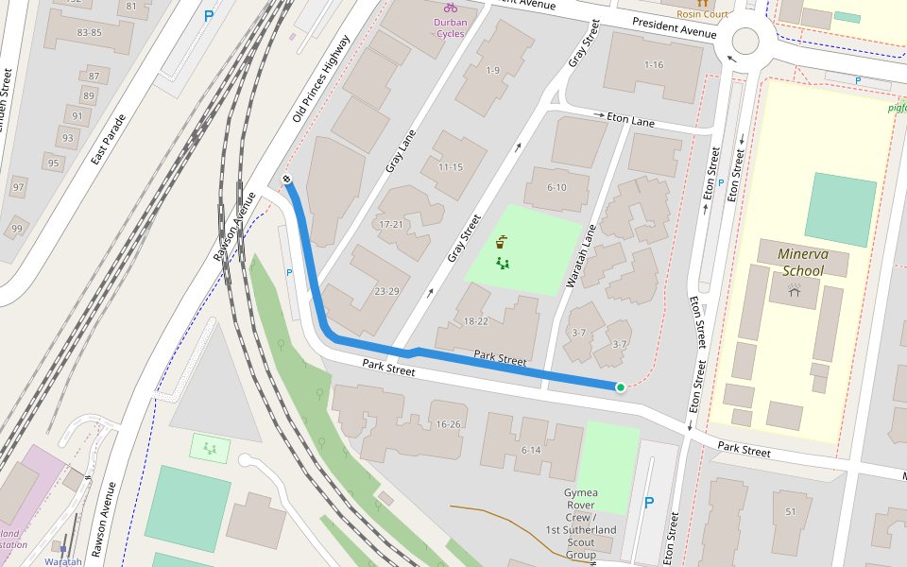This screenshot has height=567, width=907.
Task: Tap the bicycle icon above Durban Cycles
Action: click(451, 8)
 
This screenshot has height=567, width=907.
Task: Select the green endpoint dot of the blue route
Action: click(621, 387)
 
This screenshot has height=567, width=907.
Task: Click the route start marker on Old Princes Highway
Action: click(286, 179)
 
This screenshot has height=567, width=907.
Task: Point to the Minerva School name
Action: click(801, 262)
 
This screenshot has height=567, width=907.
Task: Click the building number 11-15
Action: click(450, 167)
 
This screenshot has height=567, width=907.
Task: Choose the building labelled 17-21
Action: click(391, 225)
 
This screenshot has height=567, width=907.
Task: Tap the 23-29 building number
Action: click(386, 291)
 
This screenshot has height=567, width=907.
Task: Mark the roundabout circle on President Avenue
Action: click(745, 41)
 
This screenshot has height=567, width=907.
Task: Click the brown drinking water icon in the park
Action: click(500, 241)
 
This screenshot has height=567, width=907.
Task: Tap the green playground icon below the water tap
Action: click(503, 264)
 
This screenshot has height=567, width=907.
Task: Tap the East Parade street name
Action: click(109, 141)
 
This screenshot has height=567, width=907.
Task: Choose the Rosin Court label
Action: click(702, 14)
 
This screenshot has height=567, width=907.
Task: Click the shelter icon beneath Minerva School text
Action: click(795, 292)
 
